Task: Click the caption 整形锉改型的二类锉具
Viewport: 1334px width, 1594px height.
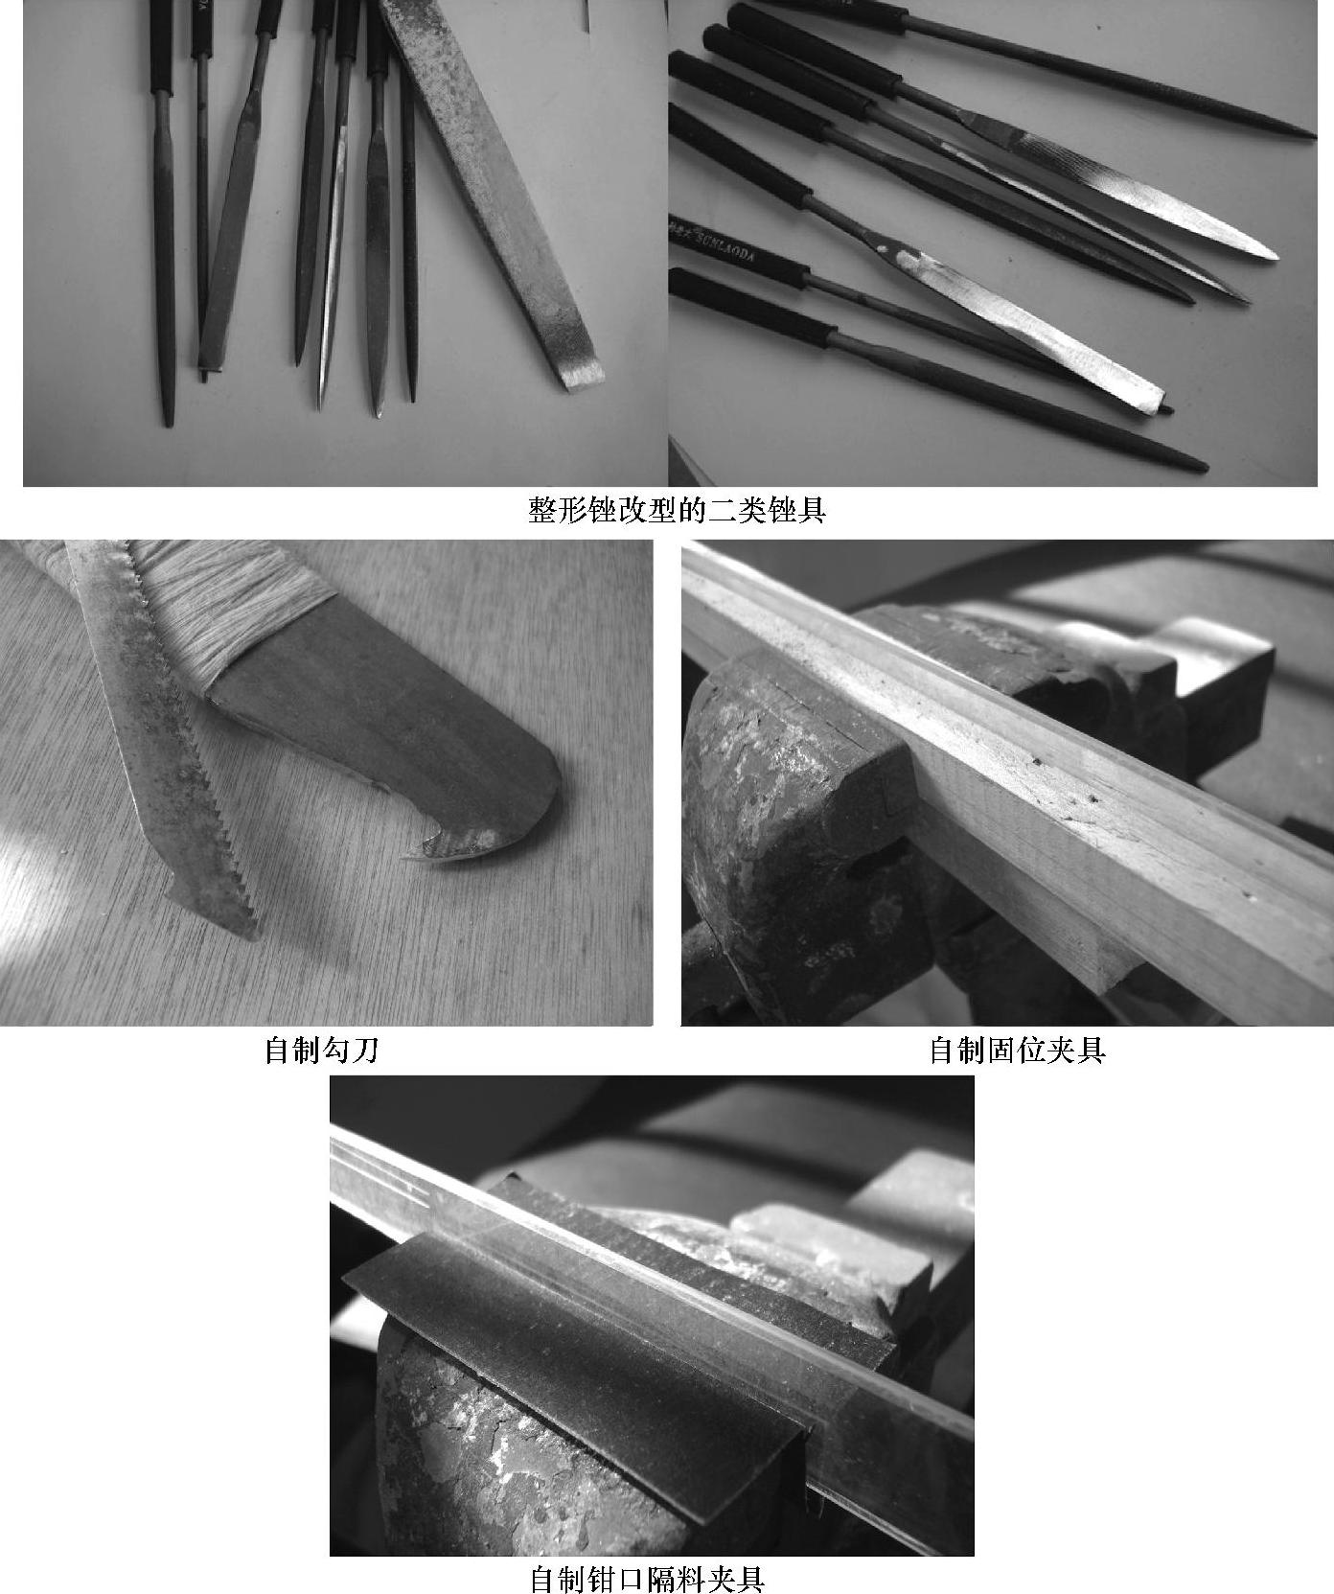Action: coord(677,510)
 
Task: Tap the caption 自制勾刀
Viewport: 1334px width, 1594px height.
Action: coord(321,1051)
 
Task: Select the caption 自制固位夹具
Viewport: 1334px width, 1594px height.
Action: coord(1018,1051)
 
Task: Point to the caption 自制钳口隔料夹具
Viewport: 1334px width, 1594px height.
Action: coord(647,1579)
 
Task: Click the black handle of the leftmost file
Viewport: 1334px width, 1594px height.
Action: coord(160,48)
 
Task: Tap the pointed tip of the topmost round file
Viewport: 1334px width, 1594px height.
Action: coord(1308,135)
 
